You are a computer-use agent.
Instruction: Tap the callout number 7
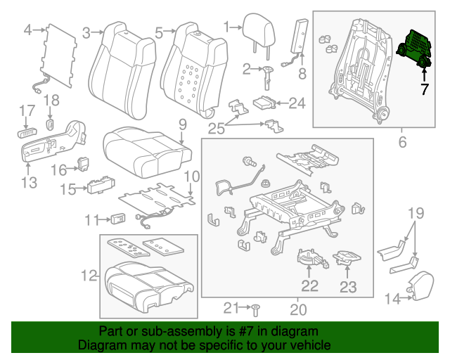[x=424, y=89]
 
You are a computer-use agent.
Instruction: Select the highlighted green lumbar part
[x=416, y=49]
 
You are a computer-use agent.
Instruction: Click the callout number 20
[x=298, y=309]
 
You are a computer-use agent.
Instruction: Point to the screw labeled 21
[x=257, y=308]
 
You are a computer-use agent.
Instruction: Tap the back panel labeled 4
[x=58, y=56]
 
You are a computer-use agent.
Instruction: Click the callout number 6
[x=402, y=142]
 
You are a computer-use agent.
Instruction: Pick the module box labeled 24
[x=264, y=103]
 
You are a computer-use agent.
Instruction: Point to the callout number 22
[x=309, y=285]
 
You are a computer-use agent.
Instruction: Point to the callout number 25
[x=217, y=127]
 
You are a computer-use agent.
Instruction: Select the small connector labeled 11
[x=117, y=219]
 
